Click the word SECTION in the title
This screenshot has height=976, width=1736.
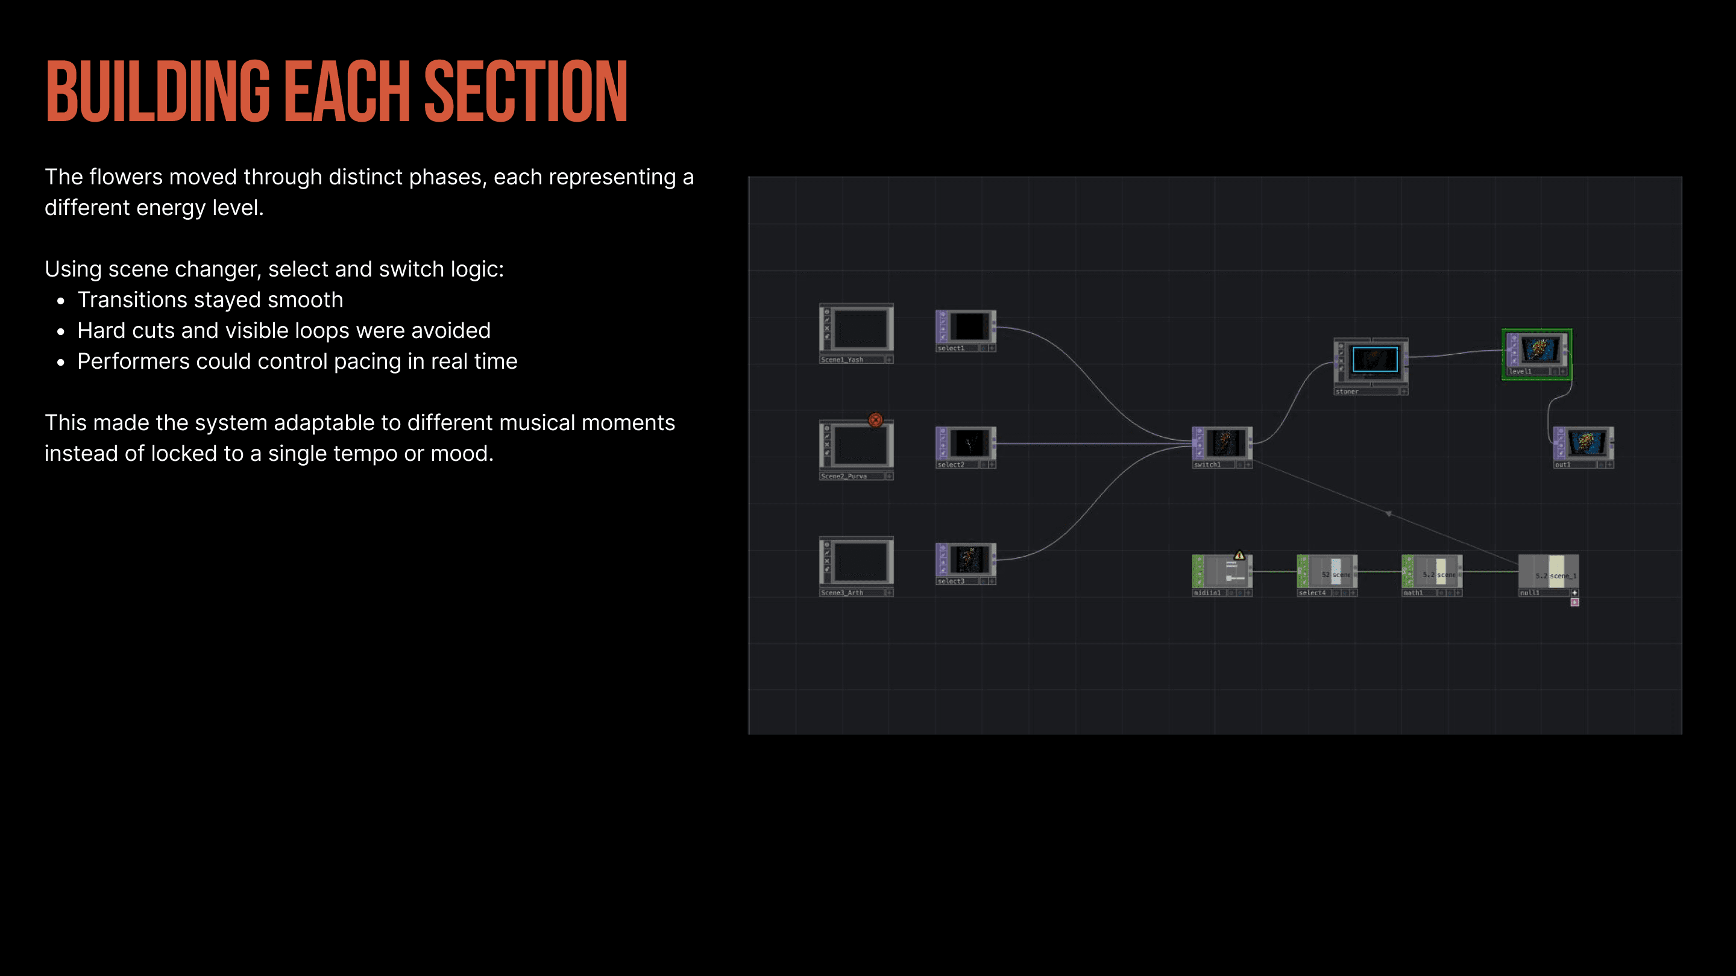[526, 92]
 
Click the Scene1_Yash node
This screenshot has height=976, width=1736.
[857, 330]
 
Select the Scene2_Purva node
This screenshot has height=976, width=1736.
[857, 446]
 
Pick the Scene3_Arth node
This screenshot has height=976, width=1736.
[857, 563]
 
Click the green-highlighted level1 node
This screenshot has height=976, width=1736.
[1537, 352]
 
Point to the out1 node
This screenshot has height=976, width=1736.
[1583, 444]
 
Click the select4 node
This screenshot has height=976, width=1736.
[1327, 572]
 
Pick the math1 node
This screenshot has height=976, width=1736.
[1432, 572]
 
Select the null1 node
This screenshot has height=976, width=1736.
[1548, 572]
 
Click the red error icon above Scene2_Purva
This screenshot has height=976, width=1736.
[875, 420]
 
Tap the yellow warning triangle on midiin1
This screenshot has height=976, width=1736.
[1239, 555]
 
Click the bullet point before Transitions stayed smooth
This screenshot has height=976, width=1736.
[61, 301]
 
